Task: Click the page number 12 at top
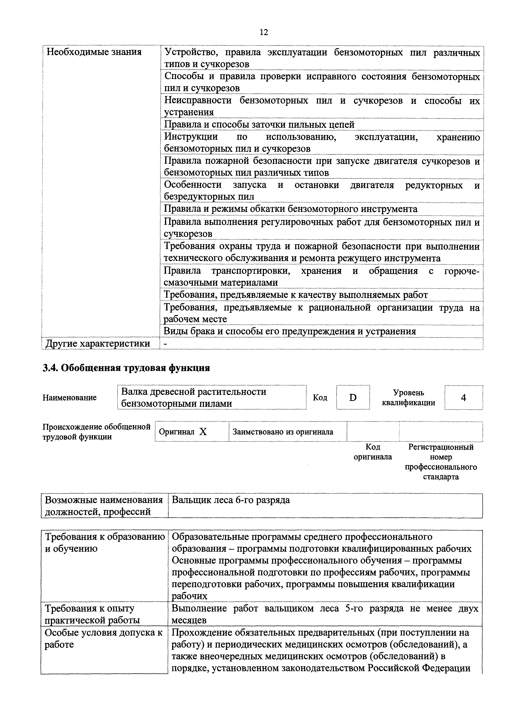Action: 264,32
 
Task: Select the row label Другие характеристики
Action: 97,344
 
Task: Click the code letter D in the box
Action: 353,398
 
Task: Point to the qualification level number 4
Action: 463,398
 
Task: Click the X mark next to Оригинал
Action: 203,432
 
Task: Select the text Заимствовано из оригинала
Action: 283,432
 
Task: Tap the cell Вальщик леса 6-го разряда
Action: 231,500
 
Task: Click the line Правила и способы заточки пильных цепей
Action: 259,125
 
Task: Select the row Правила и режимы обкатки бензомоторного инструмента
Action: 291,209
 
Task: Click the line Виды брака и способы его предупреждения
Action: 290,331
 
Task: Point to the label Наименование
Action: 70,398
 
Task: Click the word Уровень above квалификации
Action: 408,393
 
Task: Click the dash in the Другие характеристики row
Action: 166,344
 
